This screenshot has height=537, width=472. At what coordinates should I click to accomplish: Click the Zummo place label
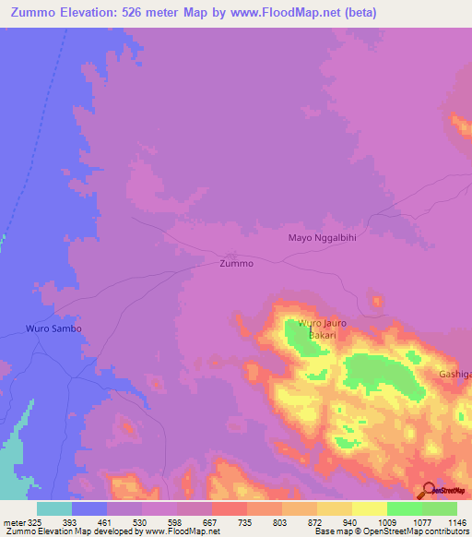pyautogui.click(x=236, y=263)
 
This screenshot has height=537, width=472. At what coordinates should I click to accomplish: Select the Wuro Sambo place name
pyautogui.click(x=53, y=328)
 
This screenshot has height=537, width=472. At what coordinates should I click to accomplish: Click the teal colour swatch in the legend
pyautogui.click(x=54, y=508)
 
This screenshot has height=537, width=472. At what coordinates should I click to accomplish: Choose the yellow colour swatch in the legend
pyautogui.click(x=369, y=508)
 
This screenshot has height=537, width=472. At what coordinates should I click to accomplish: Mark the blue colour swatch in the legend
pyautogui.click(x=89, y=508)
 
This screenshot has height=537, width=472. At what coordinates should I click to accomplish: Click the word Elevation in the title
pyautogui.click(x=98, y=12)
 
